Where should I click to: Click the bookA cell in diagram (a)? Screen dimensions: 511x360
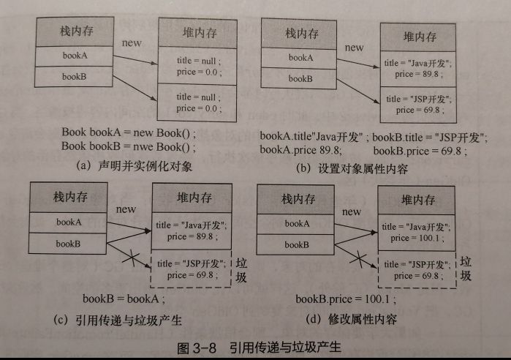click(76, 56)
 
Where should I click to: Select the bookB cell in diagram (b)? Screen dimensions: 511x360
click(300, 77)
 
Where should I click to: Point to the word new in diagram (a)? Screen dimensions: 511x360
click(132, 42)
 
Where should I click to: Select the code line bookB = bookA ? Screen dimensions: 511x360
click(124, 299)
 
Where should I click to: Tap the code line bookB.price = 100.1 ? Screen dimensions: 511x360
click(345, 299)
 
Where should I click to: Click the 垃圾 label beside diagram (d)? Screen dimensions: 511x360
click(466, 269)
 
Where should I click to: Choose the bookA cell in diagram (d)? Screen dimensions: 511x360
click(300, 223)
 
